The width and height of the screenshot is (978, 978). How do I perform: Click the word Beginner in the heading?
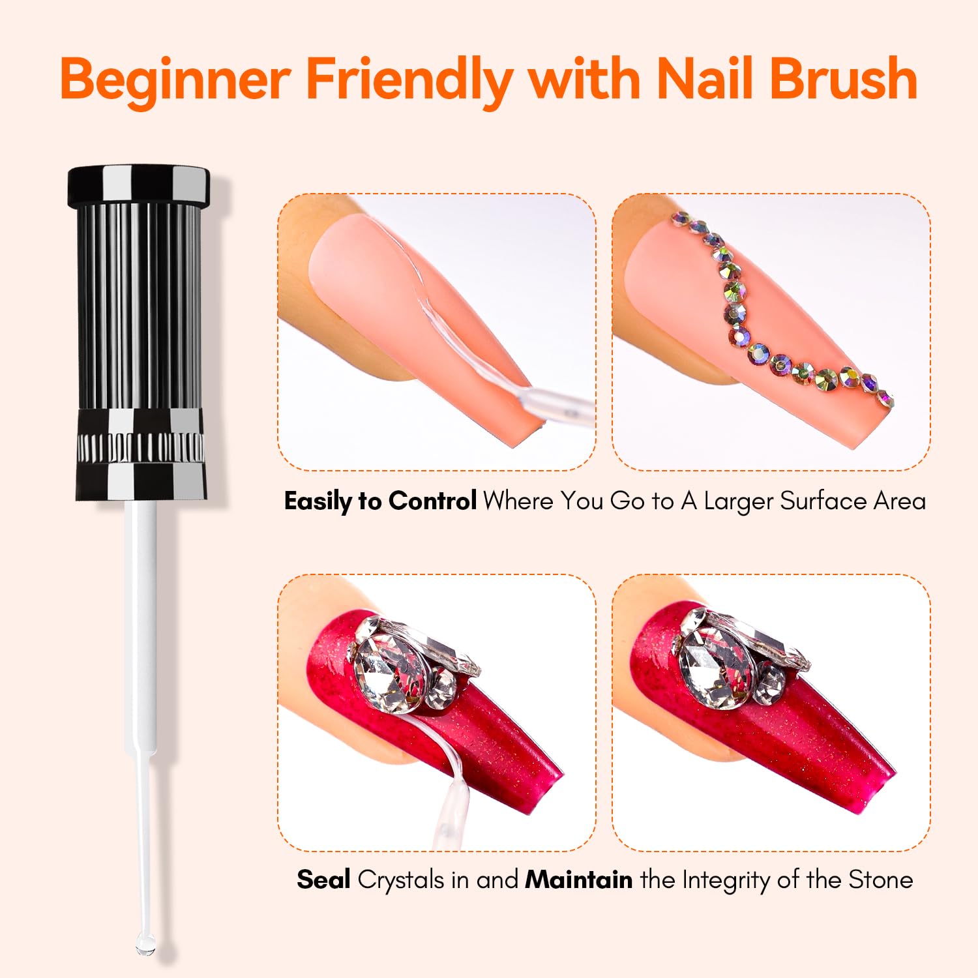pos(175,80)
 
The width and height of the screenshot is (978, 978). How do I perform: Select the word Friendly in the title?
pos(409,80)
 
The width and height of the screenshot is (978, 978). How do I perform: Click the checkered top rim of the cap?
pos(139,185)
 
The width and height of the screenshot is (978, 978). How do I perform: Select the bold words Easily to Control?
pos(380,501)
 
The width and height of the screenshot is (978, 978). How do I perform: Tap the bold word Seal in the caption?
pos(323,880)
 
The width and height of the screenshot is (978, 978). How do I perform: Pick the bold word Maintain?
pos(578,880)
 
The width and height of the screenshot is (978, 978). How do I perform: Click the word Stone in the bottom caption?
pos(880,880)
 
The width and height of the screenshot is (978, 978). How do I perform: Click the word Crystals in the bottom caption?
pos(400,880)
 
